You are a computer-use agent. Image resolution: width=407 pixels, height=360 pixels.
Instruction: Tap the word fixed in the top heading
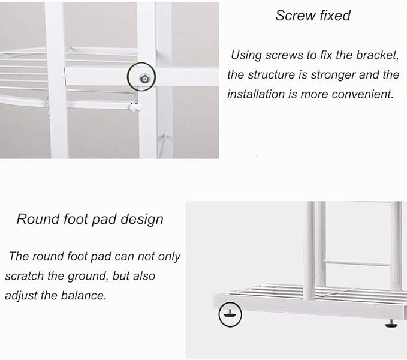[335, 16]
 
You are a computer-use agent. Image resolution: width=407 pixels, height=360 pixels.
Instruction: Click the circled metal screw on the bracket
[144, 78]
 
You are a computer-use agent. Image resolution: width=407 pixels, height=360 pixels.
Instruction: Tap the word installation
[256, 94]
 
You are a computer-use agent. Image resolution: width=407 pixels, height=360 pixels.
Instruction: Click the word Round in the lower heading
[38, 219]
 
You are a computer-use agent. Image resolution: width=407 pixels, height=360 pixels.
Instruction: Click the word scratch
[25, 276]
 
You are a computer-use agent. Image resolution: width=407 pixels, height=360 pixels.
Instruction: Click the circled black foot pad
[230, 314]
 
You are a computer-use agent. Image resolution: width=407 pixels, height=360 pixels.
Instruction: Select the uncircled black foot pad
[391, 324]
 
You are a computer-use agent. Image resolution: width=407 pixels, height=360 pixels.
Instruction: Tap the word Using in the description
[246, 56]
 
